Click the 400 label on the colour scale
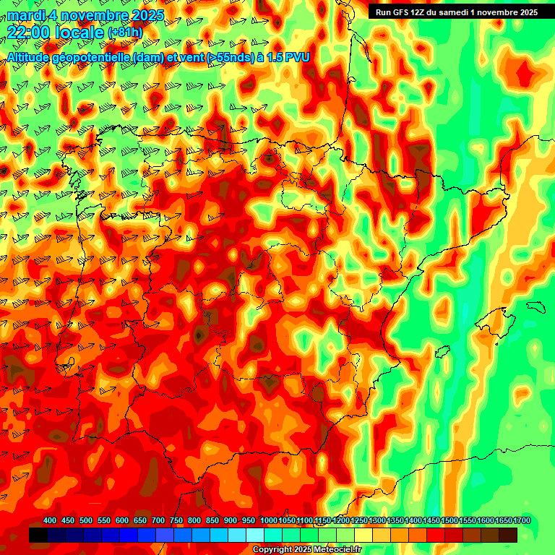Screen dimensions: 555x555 [50, 521]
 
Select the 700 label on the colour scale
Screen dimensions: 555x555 [158, 521]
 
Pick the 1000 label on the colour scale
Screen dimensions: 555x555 [268, 521]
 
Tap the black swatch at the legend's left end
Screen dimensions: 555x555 [38, 535]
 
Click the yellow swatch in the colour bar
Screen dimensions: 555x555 [363, 535]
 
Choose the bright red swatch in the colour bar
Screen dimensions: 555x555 [436, 535]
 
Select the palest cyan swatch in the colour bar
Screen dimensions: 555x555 [255, 535]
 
